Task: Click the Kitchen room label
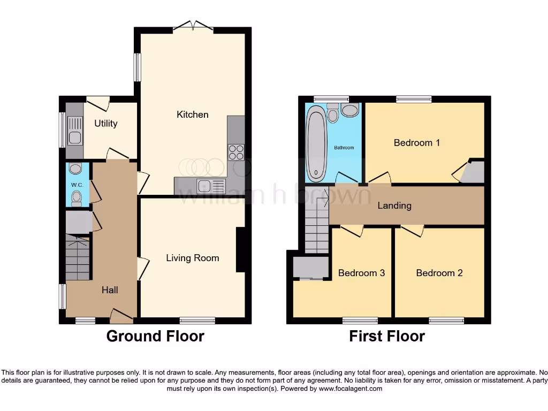(x=192, y=115)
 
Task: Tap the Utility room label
(x=105, y=124)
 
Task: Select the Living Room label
(x=192, y=258)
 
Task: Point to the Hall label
(x=110, y=290)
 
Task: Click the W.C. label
(x=76, y=185)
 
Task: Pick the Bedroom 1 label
(x=416, y=143)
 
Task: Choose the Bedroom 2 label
(x=439, y=273)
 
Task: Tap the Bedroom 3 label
(x=361, y=273)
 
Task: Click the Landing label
(x=394, y=205)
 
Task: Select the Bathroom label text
(x=345, y=148)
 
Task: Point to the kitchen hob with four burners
(x=236, y=152)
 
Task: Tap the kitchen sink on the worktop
(x=205, y=186)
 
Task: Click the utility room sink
(x=75, y=132)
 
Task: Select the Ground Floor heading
(x=155, y=336)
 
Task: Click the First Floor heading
(x=387, y=336)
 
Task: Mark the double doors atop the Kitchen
(x=193, y=26)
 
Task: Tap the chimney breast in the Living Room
(x=240, y=250)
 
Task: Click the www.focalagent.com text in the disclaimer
(x=350, y=389)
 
